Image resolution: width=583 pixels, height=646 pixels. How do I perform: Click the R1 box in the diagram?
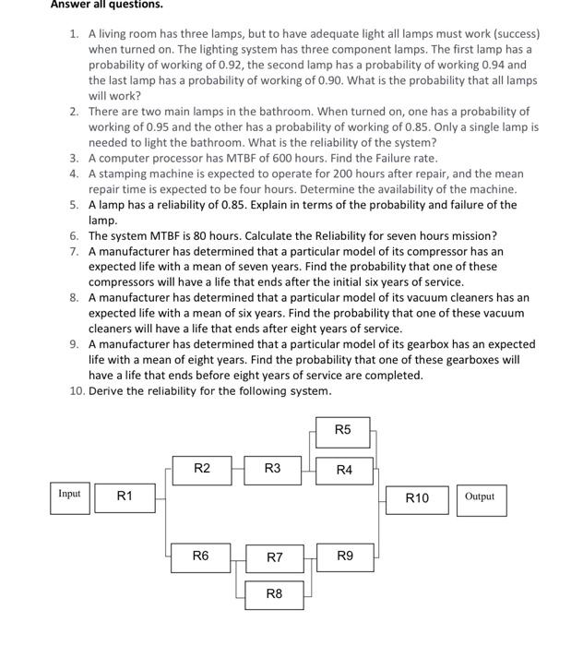click(125, 497)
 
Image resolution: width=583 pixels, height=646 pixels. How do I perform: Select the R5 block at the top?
click(343, 430)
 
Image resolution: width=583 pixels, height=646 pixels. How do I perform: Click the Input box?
click(69, 495)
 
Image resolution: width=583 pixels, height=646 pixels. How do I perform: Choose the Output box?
click(480, 497)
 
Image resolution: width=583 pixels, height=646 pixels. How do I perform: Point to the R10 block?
click(417, 498)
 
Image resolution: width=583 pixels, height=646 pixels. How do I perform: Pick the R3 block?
click(273, 469)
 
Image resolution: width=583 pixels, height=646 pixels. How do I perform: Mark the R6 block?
click(201, 556)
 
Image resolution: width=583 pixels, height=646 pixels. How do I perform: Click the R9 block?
click(344, 556)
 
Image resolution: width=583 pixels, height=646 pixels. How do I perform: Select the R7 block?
click(274, 557)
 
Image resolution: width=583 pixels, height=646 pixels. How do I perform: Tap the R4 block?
click(344, 471)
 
